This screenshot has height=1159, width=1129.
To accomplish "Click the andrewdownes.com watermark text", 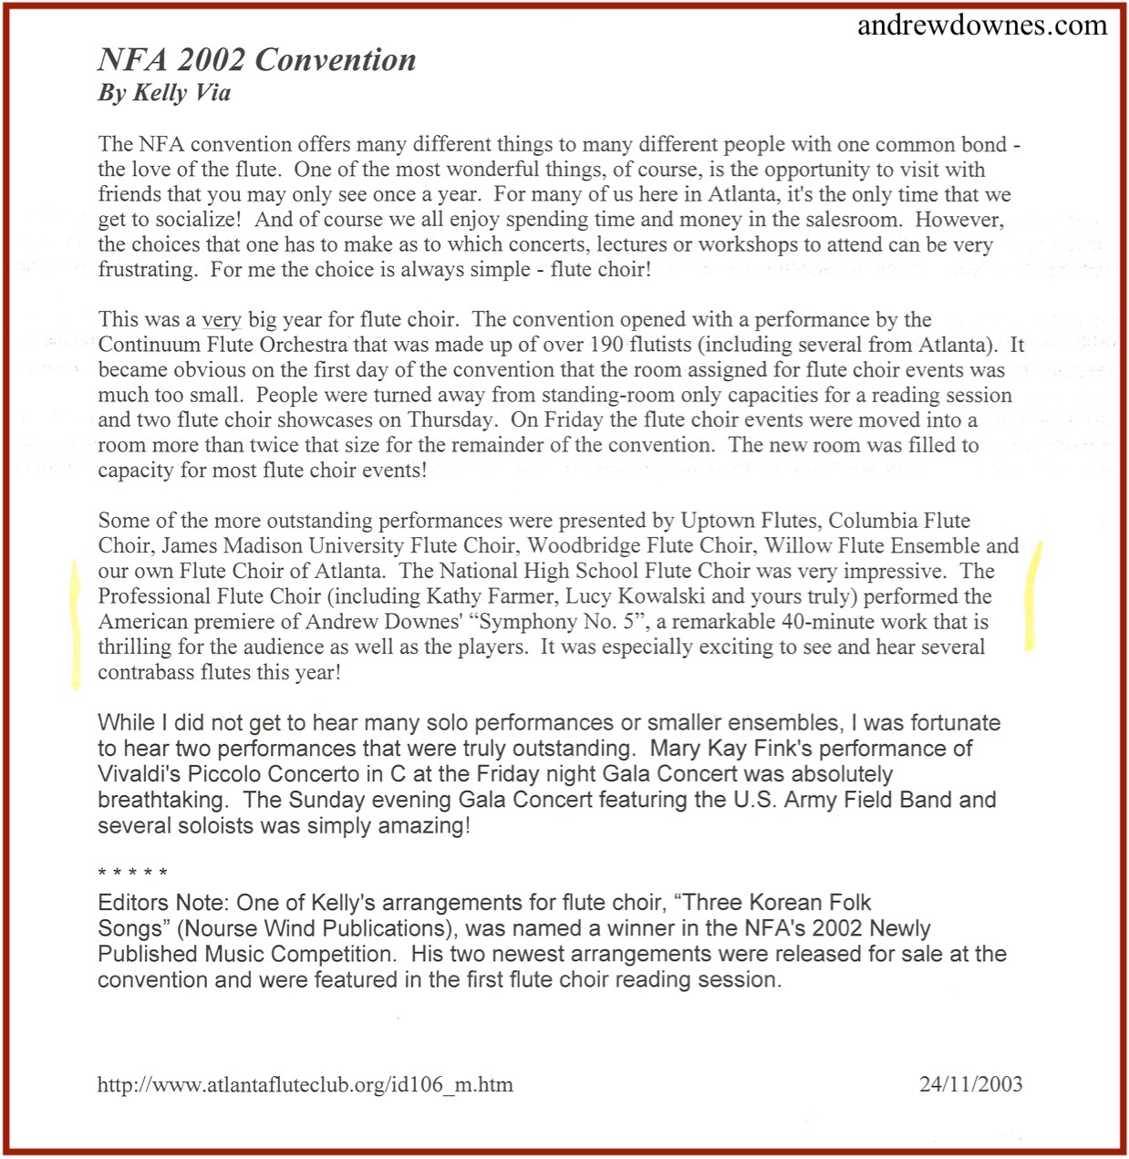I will click(x=982, y=25).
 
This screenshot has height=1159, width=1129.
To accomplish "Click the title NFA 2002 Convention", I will click(x=256, y=60).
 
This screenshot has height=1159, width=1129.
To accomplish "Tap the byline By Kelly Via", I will click(x=164, y=92).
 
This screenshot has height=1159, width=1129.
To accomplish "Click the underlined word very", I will click(x=221, y=320).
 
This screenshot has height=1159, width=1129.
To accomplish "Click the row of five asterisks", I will click(x=132, y=874).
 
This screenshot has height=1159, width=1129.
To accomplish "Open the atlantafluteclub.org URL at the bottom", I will click(x=305, y=1085).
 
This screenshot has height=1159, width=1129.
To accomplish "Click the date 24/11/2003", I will click(x=970, y=1084).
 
